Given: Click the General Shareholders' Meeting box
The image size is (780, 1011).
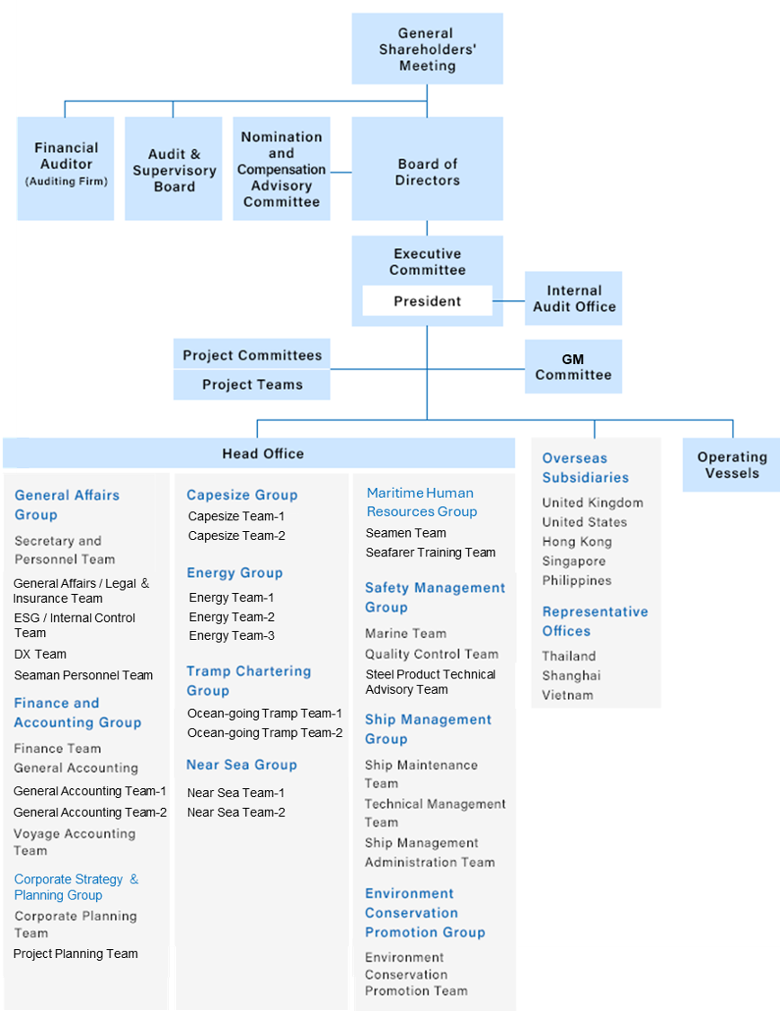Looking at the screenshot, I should [x=427, y=49].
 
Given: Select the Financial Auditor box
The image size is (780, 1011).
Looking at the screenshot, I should [x=66, y=168].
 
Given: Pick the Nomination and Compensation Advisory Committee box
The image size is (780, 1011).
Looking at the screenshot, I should [x=281, y=169].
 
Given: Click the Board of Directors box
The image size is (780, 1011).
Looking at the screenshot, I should [x=427, y=172].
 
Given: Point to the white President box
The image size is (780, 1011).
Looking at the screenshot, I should [x=427, y=301].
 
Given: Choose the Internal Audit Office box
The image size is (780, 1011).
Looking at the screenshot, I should [x=573, y=298].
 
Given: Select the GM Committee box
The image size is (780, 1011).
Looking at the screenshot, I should [x=573, y=367].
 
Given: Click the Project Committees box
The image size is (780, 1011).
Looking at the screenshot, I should [x=252, y=355].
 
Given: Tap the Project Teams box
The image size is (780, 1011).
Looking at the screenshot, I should [x=252, y=385].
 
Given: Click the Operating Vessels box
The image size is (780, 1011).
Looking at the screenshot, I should [x=731, y=465].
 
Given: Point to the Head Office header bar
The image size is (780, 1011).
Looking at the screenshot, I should [x=263, y=454].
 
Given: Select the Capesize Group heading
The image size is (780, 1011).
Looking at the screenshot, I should [x=242, y=495].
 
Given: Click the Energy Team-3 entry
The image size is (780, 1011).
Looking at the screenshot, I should [x=232, y=636].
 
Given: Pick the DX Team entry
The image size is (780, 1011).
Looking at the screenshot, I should [x=40, y=654].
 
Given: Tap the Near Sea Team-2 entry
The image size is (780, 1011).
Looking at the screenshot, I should [x=236, y=812].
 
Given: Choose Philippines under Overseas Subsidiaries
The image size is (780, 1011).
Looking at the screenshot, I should [x=577, y=581].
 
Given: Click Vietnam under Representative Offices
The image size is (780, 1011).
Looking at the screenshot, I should [x=568, y=695].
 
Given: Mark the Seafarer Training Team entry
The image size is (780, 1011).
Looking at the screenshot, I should [x=430, y=553].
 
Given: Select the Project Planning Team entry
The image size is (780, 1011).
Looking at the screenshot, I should [x=76, y=953].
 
